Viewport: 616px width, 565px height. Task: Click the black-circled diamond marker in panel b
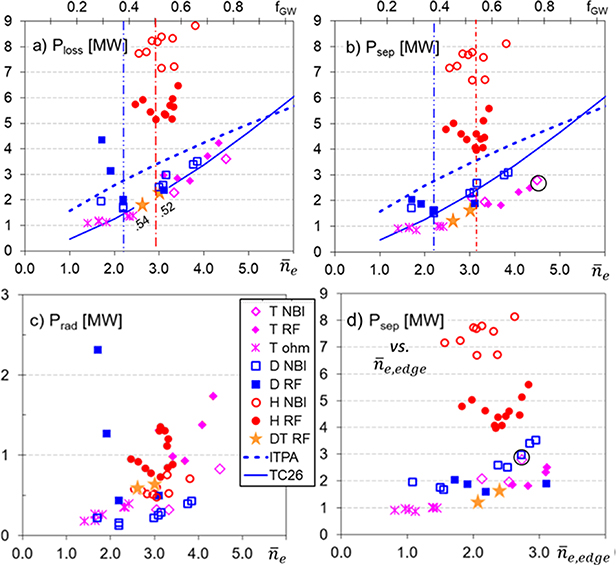click(x=538, y=182)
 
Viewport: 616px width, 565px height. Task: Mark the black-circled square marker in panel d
click(x=521, y=457)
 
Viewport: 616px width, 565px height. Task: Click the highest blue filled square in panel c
click(x=98, y=350)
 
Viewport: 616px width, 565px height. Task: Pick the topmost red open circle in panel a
click(x=195, y=26)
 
